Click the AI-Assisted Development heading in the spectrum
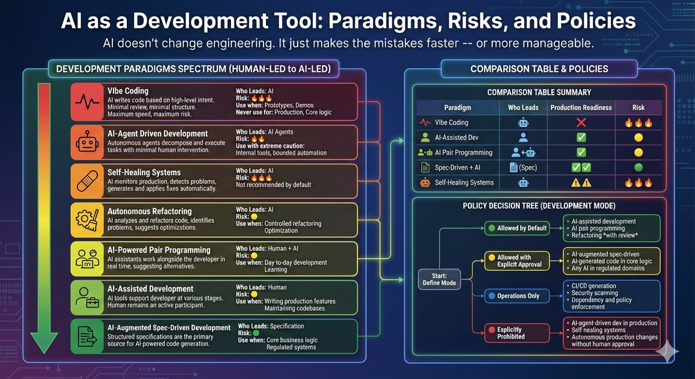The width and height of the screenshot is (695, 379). tap(151, 289)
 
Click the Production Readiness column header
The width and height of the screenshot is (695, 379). tap(581, 108)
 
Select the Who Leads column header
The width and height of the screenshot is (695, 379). tap(524, 108)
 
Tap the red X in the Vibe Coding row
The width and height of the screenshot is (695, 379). tap(581, 123)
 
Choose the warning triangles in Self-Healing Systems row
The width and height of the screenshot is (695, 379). tap(581, 183)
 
